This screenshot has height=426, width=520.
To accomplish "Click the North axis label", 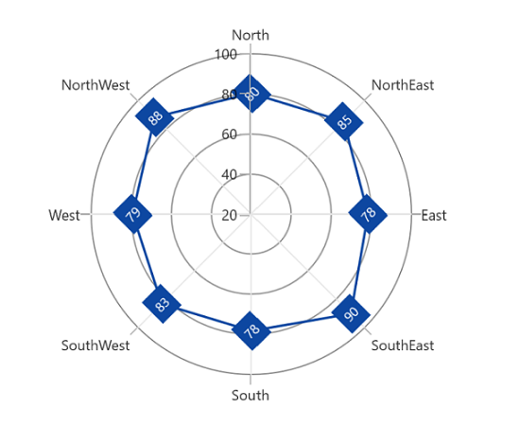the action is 251,35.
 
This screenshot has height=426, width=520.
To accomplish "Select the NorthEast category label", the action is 402,85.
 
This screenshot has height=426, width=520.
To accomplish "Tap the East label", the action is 434,216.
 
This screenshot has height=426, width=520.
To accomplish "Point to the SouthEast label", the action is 402,346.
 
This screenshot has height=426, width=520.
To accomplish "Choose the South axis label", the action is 251,396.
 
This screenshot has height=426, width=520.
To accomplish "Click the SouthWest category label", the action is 95,346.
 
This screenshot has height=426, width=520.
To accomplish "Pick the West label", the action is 64,216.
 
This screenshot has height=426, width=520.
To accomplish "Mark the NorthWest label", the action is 95,85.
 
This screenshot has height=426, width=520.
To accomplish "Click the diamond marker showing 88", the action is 155,117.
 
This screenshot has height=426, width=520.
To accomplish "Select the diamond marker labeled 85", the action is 344,122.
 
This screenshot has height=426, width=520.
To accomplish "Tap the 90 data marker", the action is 351,313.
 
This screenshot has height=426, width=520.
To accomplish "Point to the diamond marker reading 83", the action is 162,304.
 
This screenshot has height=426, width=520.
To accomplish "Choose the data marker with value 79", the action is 132,214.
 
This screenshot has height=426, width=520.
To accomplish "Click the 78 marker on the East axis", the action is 368,214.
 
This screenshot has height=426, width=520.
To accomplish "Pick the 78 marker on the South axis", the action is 251,330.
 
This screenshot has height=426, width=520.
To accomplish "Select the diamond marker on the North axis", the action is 251,94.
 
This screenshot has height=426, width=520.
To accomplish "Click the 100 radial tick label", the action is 226,55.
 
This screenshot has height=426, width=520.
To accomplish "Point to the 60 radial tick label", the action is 229,134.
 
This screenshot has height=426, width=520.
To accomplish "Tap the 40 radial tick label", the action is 229,174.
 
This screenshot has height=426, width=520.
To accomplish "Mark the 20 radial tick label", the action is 229,216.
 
